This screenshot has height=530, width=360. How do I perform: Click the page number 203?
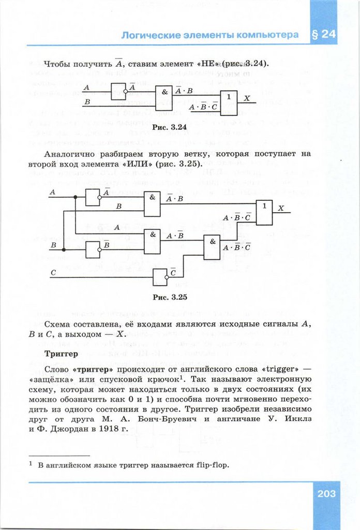pos(327,493)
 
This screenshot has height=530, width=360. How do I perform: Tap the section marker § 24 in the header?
pos(324,35)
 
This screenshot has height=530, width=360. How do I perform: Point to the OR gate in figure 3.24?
pos(229,102)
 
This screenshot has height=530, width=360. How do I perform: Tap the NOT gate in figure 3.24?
pos(118,92)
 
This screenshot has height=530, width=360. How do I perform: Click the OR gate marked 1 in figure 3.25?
pos(264,213)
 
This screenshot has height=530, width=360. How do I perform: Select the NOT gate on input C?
pos(160,277)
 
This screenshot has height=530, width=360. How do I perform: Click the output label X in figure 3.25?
pos(281,208)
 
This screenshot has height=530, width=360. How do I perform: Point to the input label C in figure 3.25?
pos(53,272)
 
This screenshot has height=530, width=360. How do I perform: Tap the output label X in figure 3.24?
pos(247,98)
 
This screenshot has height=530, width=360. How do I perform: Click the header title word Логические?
pos(151,35)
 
